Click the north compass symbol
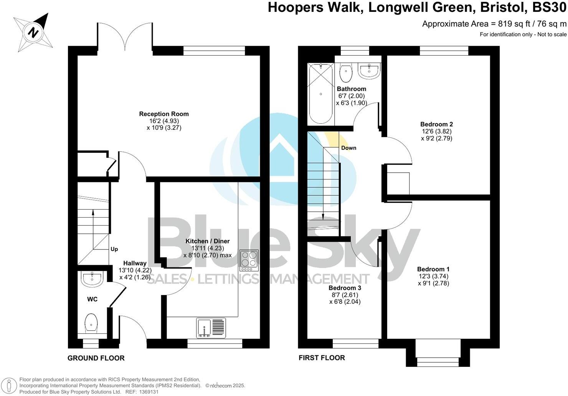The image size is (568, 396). [x=33, y=32]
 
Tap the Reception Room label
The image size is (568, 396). [x=164, y=114]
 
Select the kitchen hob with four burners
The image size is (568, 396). [x=249, y=261]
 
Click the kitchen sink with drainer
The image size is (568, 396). [x=211, y=328]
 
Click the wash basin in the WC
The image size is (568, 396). [x=92, y=279]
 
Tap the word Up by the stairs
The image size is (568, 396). [x=114, y=249]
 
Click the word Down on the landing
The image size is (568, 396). [x=348, y=148]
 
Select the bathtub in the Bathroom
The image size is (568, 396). [x=321, y=93]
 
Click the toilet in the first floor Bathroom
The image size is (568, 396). [x=347, y=73]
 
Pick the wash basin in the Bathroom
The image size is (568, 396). [x=369, y=71]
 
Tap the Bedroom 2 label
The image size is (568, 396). [x=436, y=124]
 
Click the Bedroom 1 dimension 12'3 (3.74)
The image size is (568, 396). [x=433, y=276]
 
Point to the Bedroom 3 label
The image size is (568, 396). [x=345, y=288]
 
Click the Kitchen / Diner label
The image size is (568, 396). [x=207, y=241]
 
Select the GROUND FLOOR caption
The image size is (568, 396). [x=96, y=358]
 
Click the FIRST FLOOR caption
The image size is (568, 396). [x=322, y=358]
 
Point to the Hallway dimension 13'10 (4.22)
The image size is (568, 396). [x=134, y=270]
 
